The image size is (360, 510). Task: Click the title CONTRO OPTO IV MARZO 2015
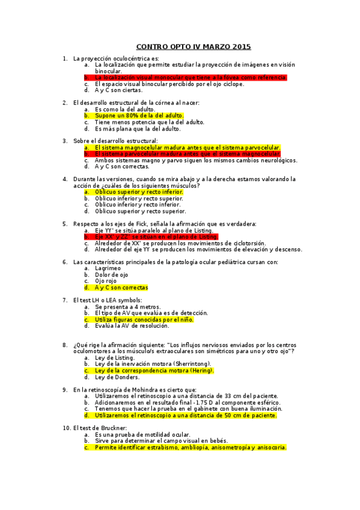pos(193,47)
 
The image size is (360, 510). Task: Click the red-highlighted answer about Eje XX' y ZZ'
pos(156,236)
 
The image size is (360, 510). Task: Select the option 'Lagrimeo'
pos(108,268)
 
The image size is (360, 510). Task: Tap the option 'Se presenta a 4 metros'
pos(127,307)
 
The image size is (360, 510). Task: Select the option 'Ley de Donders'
pos(117,377)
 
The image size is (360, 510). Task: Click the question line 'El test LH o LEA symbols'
pos(107,300)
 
